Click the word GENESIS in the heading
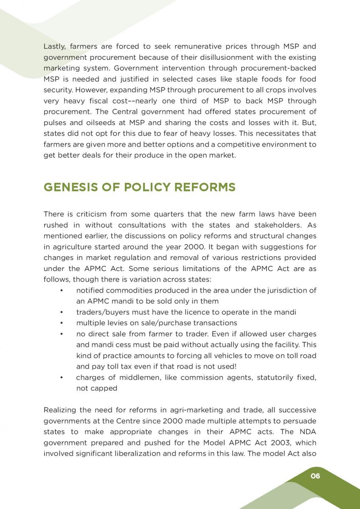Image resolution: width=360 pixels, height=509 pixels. [69, 187]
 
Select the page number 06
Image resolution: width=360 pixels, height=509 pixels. [315, 476]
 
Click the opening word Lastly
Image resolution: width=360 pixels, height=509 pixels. [55, 46]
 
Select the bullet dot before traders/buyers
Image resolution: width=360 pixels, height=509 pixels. [62, 312]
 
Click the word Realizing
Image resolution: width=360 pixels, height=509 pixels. [59, 410]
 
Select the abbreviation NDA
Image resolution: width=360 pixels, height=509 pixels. [308, 432]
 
